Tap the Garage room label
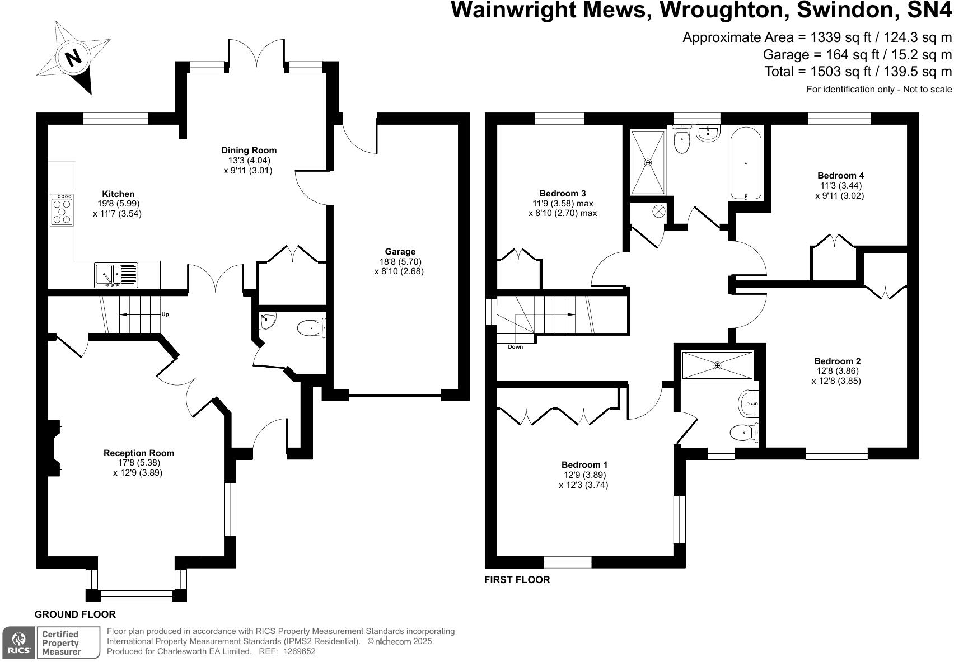[400, 252]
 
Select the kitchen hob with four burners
[62, 210]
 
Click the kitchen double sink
[116, 275]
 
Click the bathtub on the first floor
[746, 163]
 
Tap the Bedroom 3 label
[562, 194]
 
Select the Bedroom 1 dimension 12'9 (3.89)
[584, 475]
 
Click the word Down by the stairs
[515, 347]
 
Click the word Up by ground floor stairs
[165, 314]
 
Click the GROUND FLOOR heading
[75, 614]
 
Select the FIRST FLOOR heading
[517, 580]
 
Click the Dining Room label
[249, 150]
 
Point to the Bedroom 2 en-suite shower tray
[717, 365]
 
